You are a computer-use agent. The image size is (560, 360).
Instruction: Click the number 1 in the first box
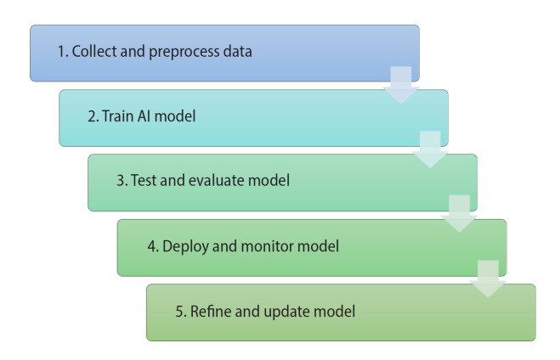(61, 52)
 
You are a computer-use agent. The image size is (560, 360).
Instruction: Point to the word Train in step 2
(118, 116)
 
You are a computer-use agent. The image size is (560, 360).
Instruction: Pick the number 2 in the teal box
(91, 116)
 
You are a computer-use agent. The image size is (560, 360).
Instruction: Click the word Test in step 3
(143, 182)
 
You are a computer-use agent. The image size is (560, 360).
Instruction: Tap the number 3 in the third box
(120, 182)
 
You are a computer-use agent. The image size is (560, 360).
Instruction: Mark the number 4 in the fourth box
(150, 247)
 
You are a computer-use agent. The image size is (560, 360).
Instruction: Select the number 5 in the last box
(179, 312)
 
